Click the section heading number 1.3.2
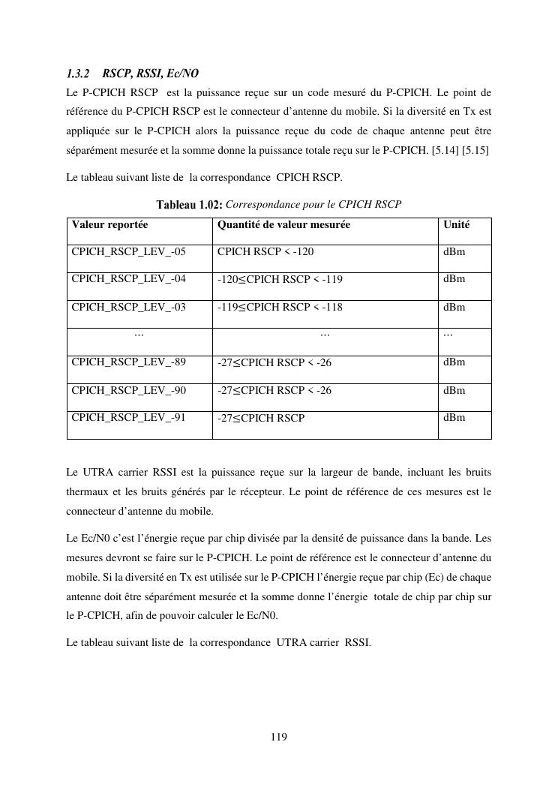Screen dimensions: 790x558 click(77, 74)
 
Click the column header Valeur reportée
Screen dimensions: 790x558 click(109, 224)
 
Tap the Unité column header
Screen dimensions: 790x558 click(457, 224)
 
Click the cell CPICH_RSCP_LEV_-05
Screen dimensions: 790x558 click(128, 251)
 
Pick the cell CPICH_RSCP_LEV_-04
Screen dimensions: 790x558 click(128, 279)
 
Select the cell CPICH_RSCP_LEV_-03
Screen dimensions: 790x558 click(128, 307)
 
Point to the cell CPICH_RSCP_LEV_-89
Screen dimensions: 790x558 click(128, 362)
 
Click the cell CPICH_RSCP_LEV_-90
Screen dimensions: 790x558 click(128, 390)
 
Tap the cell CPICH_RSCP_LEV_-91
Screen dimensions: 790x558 click(128, 417)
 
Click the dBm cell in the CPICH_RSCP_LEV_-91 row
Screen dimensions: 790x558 click(454, 417)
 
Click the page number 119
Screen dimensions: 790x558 click(278, 737)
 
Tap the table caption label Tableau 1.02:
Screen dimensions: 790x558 click(189, 204)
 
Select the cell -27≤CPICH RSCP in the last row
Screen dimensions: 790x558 click(261, 418)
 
